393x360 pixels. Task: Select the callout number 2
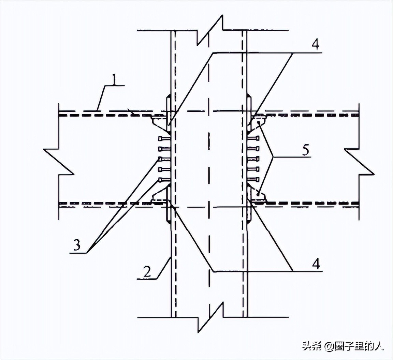click(147, 272)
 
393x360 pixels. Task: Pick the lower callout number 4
click(317, 264)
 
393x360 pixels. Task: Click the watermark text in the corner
click(343, 346)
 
